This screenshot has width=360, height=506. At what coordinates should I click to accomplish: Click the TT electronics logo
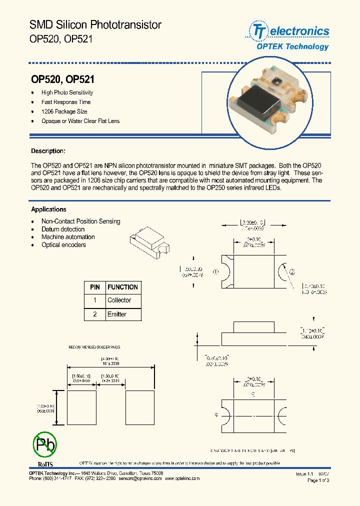[x=287, y=31]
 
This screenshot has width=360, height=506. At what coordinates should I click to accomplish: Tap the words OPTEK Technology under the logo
[x=292, y=46]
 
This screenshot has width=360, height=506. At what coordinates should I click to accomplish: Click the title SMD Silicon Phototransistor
[x=95, y=24]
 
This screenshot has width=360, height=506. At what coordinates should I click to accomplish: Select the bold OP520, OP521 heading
[x=63, y=79]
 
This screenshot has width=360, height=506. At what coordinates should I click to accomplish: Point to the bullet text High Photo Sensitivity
[x=67, y=92]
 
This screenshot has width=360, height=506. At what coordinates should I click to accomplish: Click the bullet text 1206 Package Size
[x=64, y=111]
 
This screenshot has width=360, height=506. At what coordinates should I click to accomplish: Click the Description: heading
[x=48, y=151]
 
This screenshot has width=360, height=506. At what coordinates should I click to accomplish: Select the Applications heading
[x=48, y=209]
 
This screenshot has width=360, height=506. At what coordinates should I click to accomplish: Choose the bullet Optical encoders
[x=63, y=245]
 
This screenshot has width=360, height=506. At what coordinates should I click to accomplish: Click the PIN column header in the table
[x=94, y=287]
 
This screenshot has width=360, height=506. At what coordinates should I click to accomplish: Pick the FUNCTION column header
[x=122, y=287]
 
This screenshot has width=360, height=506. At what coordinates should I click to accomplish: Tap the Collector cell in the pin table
[x=119, y=300]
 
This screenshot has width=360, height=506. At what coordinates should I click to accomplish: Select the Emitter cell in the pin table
[x=117, y=314]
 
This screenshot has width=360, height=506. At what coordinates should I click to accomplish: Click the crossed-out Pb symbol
[x=44, y=443]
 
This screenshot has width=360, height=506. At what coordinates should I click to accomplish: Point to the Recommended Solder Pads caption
[x=94, y=347]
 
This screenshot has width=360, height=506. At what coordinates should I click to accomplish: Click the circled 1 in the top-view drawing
[x=215, y=272]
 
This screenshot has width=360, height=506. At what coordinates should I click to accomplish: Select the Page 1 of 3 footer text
[x=317, y=480]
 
